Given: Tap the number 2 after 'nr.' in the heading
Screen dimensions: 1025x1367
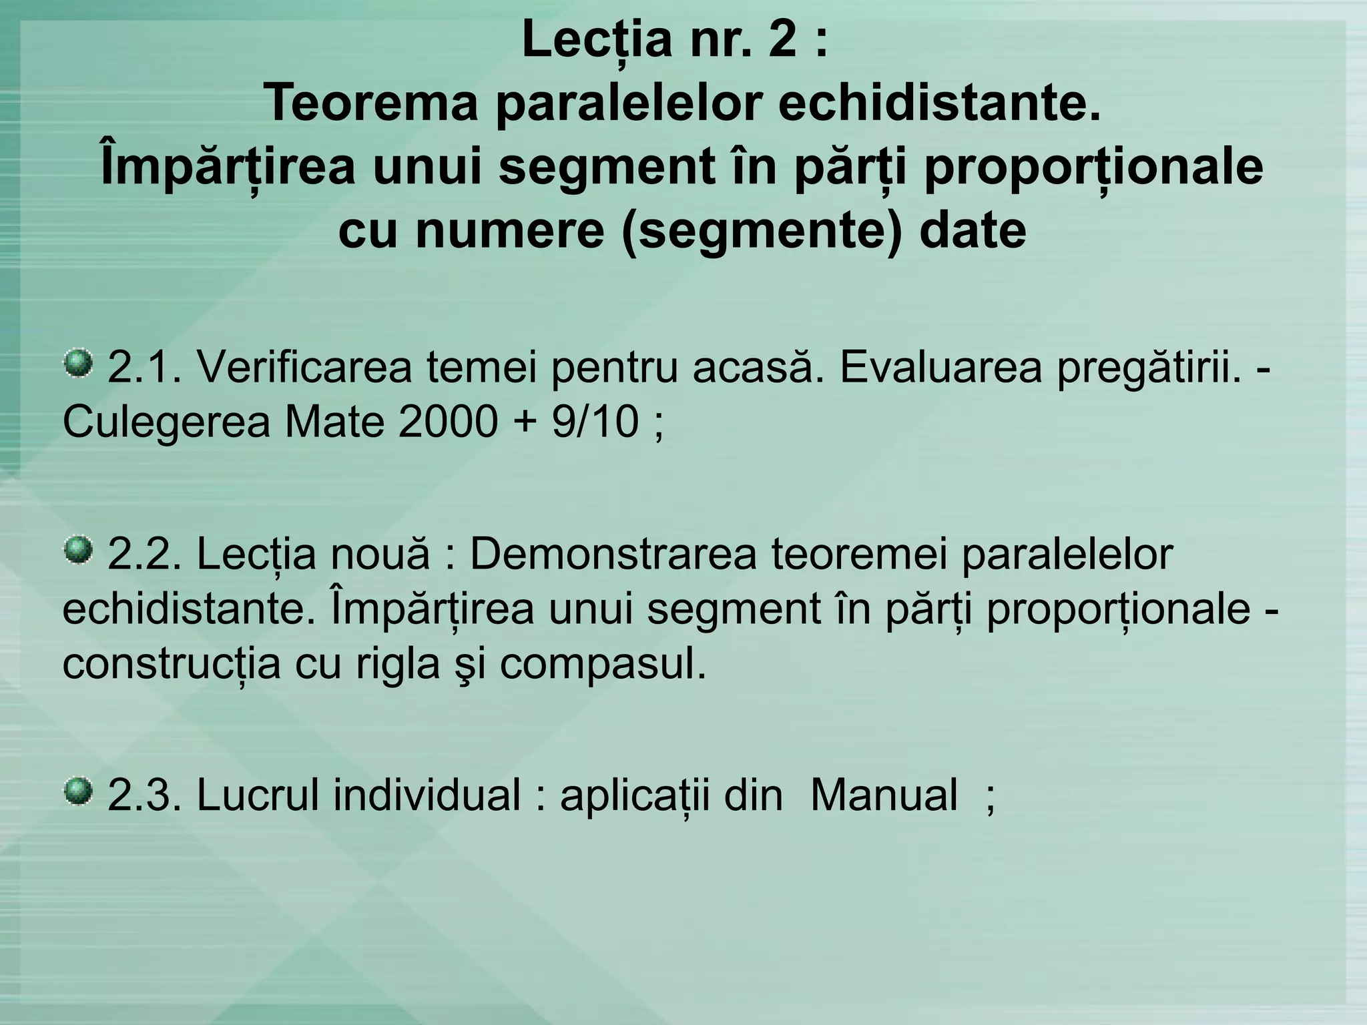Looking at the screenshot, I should (782, 40).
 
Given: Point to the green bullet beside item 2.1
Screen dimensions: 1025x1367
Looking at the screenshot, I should (78, 364).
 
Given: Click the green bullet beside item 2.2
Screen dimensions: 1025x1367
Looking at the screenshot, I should (78, 550).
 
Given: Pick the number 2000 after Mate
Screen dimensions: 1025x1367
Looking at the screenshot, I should (448, 422).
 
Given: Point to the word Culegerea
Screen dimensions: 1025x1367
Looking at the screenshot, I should (167, 422).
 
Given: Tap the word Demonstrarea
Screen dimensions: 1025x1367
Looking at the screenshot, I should (613, 554).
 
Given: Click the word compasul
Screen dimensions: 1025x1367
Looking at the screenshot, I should (603, 663).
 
